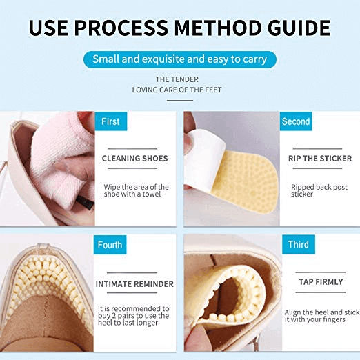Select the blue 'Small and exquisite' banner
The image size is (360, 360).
(x=180, y=59)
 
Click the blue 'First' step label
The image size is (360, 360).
(x=110, y=121)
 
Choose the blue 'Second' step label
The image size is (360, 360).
(x=296, y=121)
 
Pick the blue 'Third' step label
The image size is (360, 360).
(x=298, y=245)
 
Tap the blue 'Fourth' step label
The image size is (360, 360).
(x=110, y=245)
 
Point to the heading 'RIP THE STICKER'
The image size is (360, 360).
(x=320, y=159)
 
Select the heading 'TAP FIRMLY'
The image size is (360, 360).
(x=320, y=282)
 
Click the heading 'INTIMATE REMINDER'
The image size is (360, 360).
(x=134, y=283)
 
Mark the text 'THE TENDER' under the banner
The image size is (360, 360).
(x=177, y=79)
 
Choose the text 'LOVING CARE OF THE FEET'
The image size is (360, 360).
(x=177, y=90)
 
